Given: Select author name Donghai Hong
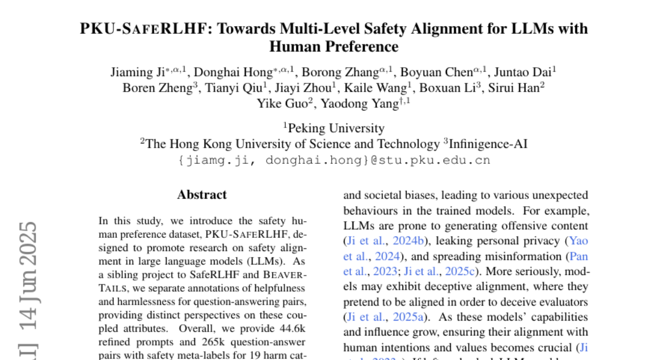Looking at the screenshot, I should tap(222, 72).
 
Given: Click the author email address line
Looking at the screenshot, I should tap(333, 161).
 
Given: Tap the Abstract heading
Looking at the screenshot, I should tap(202, 195).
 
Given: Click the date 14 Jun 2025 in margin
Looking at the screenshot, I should tap(28, 278).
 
